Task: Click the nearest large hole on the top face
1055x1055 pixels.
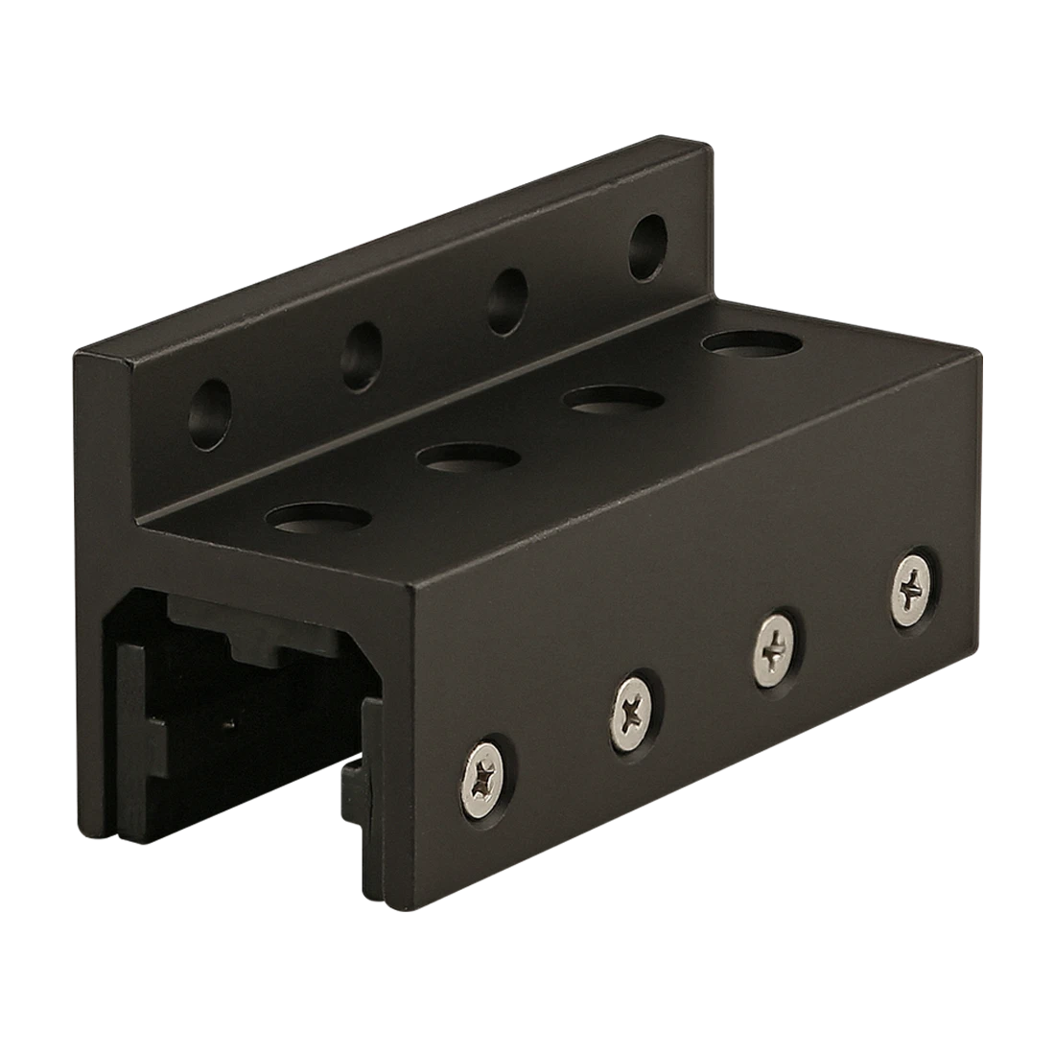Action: coord(317,518)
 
